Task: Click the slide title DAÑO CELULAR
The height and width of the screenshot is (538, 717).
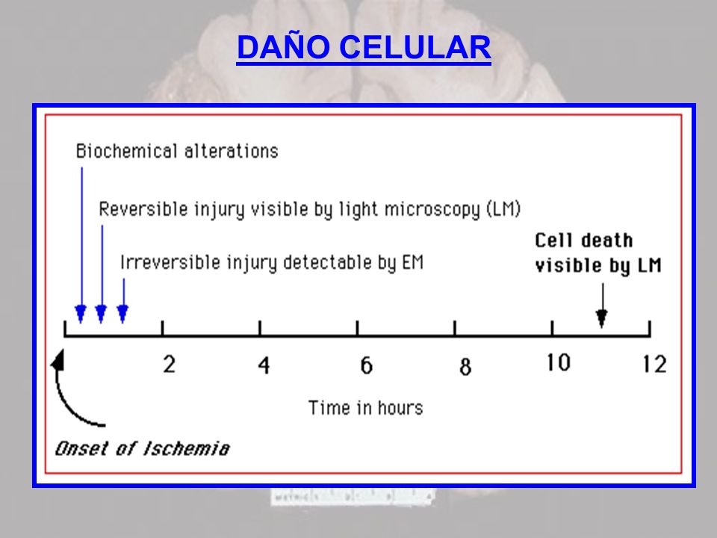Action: point(364,46)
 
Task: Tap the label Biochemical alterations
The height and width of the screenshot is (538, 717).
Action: point(177,151)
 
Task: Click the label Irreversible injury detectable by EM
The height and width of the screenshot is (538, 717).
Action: point(272,262)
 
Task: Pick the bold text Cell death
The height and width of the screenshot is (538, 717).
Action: point(584,240)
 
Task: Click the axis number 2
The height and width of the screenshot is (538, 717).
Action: point(170,365)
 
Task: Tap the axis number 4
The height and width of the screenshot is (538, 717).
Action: point(264,365)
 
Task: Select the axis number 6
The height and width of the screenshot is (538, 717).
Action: point(366,365)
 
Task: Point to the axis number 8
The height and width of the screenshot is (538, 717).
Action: point(465,366)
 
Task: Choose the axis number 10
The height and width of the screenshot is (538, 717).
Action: point(559,363)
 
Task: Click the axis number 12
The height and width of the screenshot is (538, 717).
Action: point(654,365)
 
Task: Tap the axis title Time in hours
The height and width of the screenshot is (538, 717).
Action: point(366,408)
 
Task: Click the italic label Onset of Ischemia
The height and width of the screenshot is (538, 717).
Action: point(142,449)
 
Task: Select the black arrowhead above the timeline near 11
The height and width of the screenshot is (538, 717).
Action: point(602,318)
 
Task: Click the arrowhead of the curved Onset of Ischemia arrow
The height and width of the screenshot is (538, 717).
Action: point(58,359)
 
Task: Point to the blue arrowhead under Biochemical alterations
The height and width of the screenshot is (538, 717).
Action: point(81,314)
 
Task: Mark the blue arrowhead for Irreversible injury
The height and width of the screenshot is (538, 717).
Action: point(122,314)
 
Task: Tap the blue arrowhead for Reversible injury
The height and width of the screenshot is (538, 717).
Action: point(101,314)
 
